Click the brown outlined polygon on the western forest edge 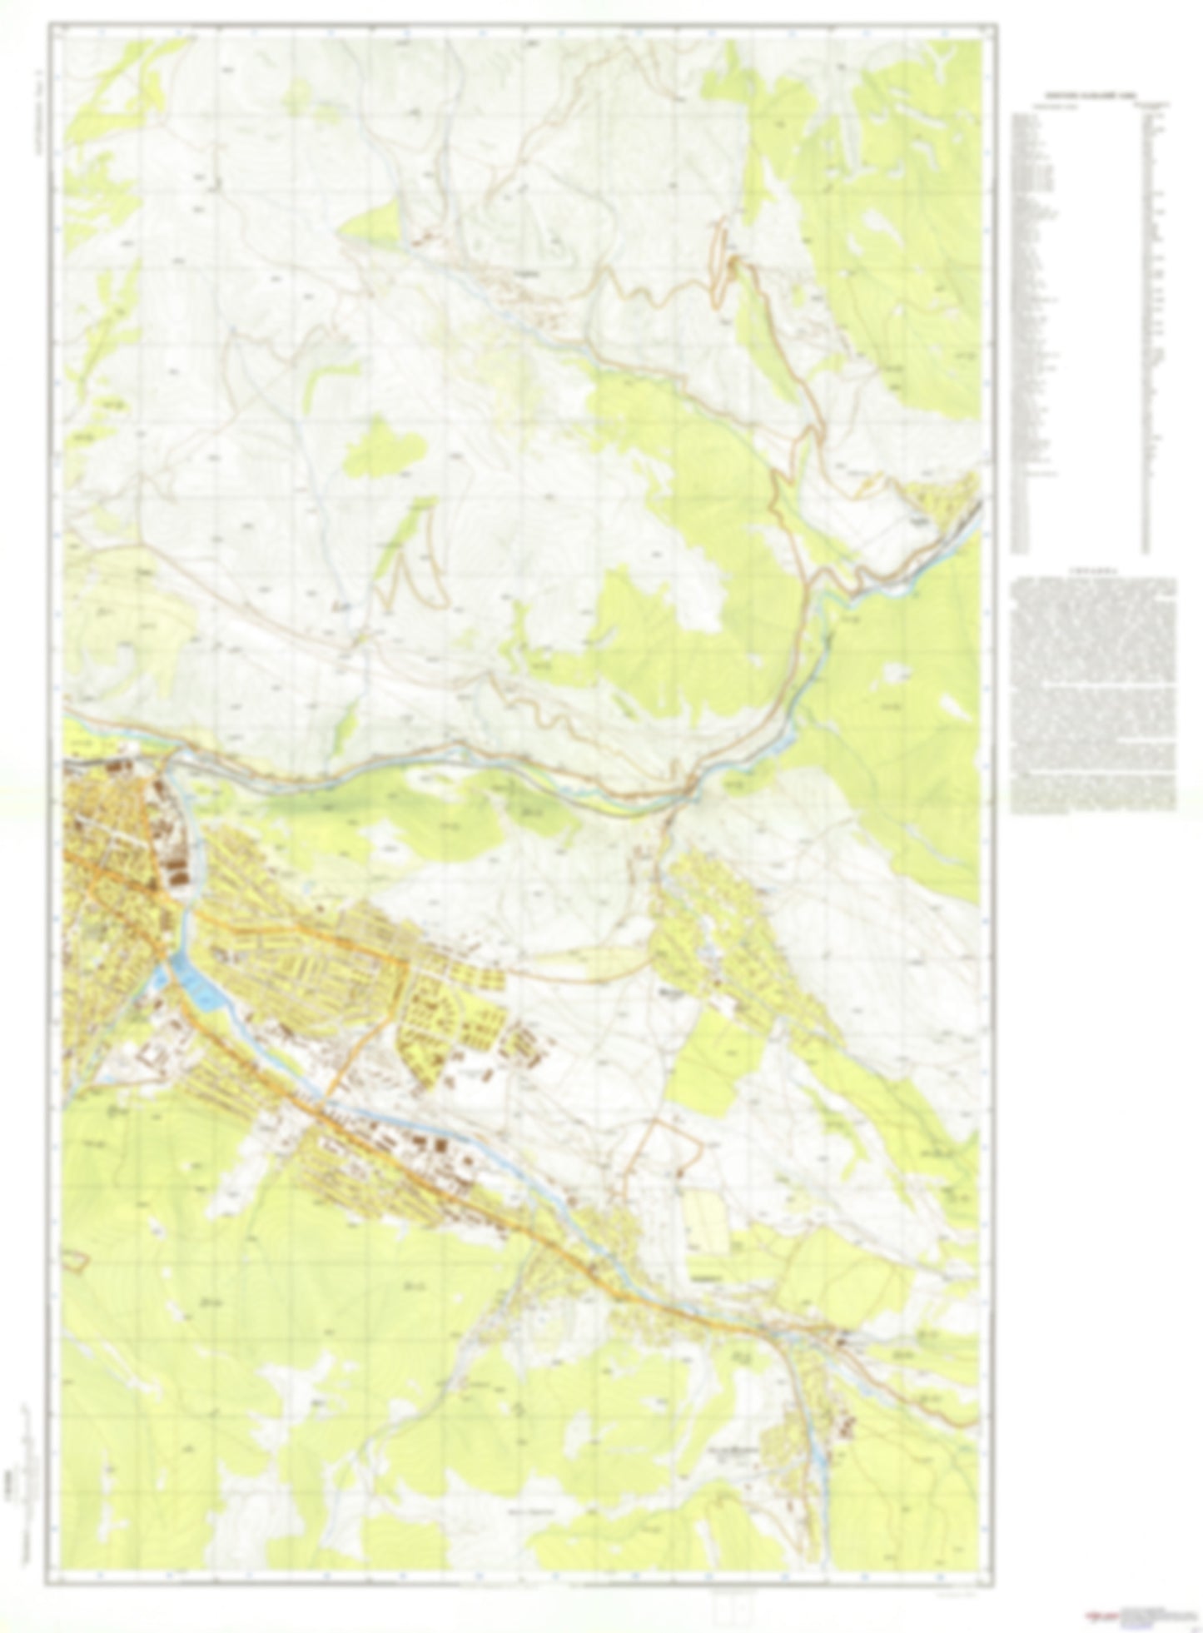click(x=76, y=1260)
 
